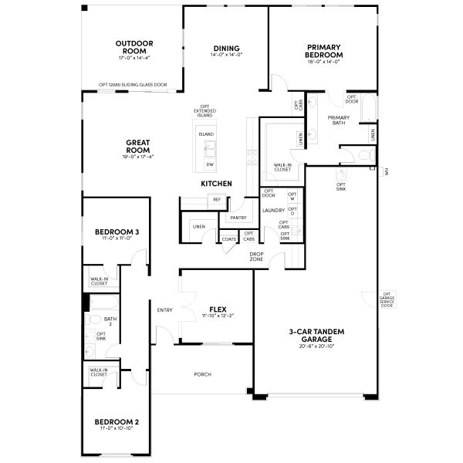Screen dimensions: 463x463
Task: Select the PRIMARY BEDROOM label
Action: tap(324, 50)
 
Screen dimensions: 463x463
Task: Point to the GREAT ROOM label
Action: tap(137, 145)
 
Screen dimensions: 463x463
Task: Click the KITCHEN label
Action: tap(216, 184)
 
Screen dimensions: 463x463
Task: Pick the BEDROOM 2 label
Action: tap(117, 421)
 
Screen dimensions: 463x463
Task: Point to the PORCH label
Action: tap(203, 374)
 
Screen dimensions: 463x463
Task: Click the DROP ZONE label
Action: tap(256, 257)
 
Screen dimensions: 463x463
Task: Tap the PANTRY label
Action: tap(237, 218)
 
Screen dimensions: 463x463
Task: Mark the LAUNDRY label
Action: tap(273, 210)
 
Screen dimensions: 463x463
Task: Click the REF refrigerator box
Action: tap(217, 200)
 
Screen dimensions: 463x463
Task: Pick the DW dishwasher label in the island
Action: tap(209, 164)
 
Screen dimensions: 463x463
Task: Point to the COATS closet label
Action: tap(229, 239)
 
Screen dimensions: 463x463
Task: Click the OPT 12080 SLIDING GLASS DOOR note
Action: tap(133, 85)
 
